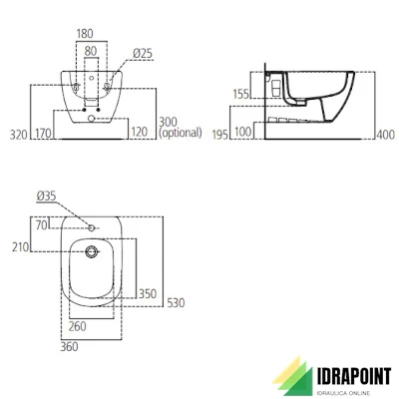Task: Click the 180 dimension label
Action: click(85, 34)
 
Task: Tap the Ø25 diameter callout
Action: click(143, 54)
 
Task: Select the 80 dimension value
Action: click(91, 51)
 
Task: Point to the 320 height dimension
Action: click(18, 135)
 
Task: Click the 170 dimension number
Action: click(43, 134)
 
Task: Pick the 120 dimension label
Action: click(140, 132)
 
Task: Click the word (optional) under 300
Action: click(181, 133)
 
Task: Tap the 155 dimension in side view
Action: click(240, 94)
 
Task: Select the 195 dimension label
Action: click(220, 135)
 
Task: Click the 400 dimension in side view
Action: click(386, 135)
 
